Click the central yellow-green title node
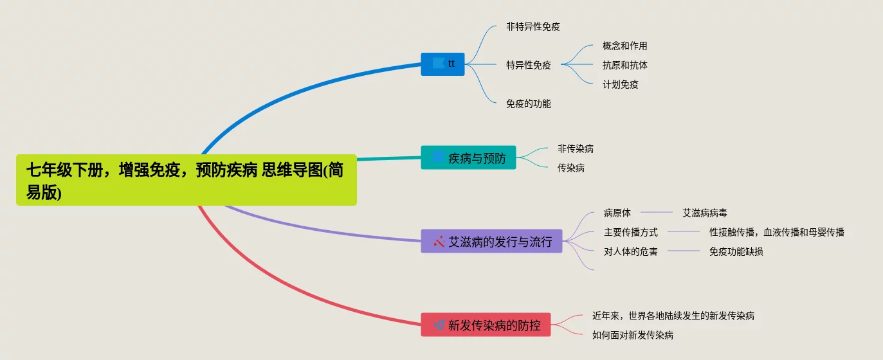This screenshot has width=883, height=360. tap(186, 180)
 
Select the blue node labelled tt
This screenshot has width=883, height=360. tap(442, 64)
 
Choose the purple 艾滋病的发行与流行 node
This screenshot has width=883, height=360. tap(491, 242)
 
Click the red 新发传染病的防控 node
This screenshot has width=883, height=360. tap(486, 325)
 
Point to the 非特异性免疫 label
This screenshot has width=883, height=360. tap(533, 27)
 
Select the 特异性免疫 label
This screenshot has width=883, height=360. tap(528, 65)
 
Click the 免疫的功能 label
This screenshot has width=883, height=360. tap(528, 104)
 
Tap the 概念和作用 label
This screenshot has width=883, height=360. tap(624, 46)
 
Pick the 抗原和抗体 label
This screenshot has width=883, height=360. tap(624, 66)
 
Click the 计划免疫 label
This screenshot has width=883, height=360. tap(620, 84)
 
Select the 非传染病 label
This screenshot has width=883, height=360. tap(575, 149)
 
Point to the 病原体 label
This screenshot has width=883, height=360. tap(617, 213)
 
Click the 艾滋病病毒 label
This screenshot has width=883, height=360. tap(704, 213)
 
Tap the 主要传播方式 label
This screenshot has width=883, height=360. tap(630, 233)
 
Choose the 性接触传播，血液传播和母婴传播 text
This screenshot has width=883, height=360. tap(776, 233)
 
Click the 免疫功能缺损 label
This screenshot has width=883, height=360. tap(736, 252)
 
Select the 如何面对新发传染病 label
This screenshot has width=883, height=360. tap(632, 335)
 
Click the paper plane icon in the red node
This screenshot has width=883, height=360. tap(439, 325)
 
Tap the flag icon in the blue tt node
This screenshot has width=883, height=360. tap(439, 63)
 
